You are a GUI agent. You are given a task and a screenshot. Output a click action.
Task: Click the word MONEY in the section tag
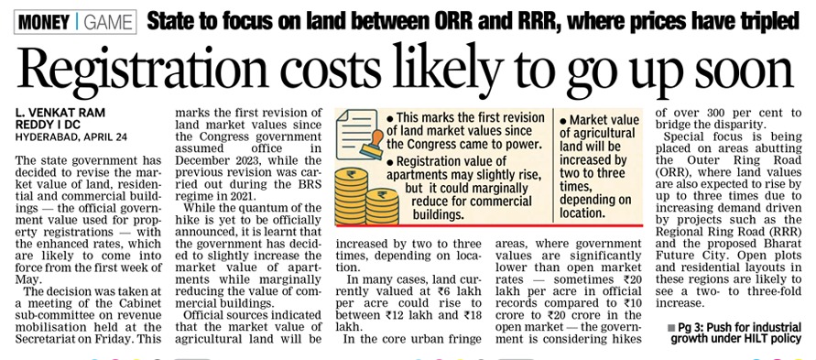coord(44,18)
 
